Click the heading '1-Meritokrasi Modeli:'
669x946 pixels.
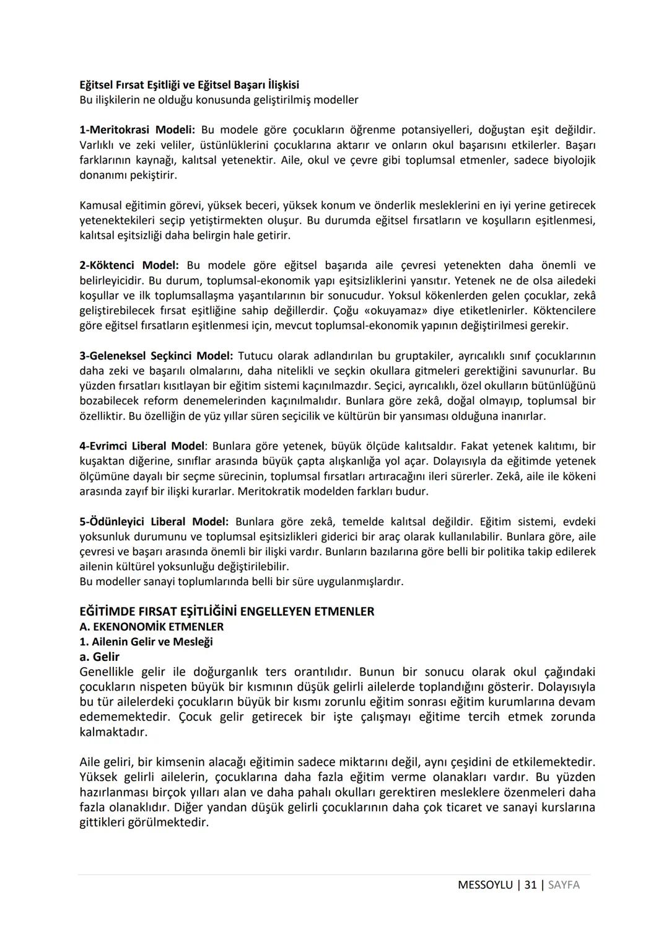(x=137, y=130)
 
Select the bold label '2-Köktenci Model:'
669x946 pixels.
(x=129, y=265)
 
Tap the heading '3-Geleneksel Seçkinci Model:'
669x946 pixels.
(x=156, y=356)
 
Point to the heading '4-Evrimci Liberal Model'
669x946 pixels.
(x=142, y=446)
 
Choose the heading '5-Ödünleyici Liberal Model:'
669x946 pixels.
(x=154, y=521)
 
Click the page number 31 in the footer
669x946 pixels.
(x=530, y=885)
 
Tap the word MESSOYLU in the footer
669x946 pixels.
(x=485, y=885)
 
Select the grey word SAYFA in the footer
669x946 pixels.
(x=564, y=885)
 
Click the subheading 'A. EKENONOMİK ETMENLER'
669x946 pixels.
(x=151, y=627)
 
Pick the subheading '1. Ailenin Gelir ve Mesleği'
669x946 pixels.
(x=146, y=642)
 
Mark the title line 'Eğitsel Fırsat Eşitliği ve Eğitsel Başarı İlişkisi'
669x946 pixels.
(x=189, y=85)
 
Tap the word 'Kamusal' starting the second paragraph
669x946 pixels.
(x=100, y=205)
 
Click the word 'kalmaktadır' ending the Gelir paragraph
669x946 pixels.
(x=113, y=732)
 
